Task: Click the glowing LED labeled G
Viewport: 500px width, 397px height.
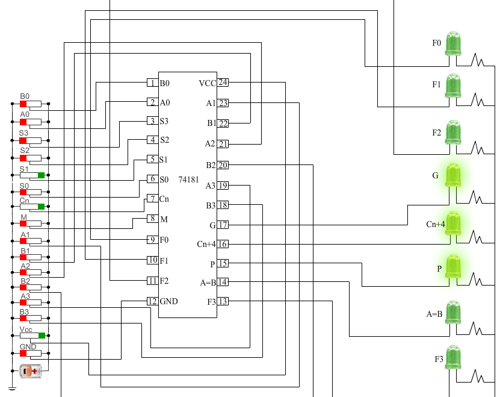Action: click(453, 175)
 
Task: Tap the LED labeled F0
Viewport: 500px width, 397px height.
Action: click(453, 43)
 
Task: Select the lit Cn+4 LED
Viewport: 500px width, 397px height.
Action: click(453, 224)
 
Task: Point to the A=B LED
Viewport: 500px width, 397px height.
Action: click(453, 312)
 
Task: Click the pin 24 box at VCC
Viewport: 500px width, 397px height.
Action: click(223, 83)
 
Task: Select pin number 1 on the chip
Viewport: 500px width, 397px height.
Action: click(152, 83)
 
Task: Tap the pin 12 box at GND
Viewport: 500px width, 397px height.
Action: click(152, 301)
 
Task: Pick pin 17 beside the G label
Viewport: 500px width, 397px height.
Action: click(223, 225)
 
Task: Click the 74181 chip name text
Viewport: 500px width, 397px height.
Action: click(188, 180)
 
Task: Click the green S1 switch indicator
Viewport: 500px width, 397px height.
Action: click(42, 175)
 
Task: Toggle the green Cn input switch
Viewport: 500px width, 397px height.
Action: click(42, 207)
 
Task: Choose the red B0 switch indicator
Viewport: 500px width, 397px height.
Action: click(23, 104)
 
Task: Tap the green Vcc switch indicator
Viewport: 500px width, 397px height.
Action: click(42, 335)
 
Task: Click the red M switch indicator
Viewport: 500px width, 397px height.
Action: click(23, 225)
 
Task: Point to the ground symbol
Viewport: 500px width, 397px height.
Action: click(11, 389)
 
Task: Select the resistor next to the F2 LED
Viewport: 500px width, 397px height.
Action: click(478, 146)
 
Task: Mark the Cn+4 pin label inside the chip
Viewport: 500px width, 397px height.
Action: click(206, 244)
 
